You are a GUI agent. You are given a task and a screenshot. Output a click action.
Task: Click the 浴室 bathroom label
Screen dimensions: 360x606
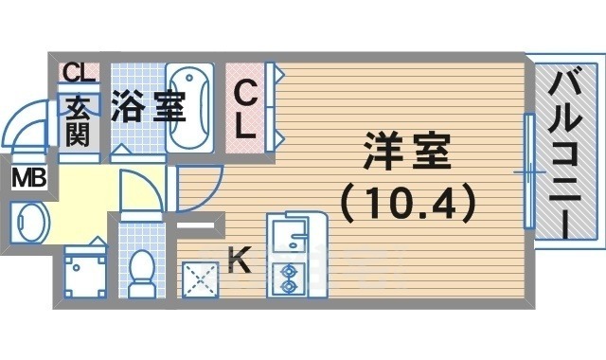[x=147, y=106]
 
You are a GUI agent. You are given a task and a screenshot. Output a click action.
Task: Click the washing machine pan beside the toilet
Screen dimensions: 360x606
[x=84, y=273]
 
